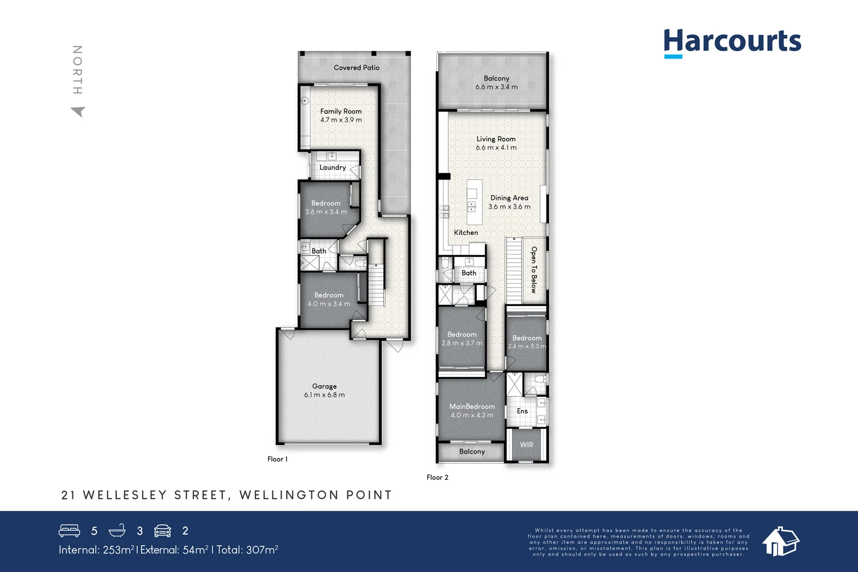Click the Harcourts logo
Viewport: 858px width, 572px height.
pos(732,42)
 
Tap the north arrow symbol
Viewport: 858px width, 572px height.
pos(78,112)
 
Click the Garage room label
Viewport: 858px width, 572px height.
pos(324,386)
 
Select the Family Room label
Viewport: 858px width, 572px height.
pos(341,111)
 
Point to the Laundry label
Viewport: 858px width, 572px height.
pos(332,167)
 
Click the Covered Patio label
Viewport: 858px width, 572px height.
pos(357,68)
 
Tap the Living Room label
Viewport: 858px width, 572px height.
pos(496,139)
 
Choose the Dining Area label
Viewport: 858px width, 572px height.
pos(509,198)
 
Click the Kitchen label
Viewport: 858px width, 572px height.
pos(466,233)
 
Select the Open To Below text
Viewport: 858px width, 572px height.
pos(534,270)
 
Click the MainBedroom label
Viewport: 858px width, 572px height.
pos(472,406)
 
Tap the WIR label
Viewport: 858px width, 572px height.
pos(527,444)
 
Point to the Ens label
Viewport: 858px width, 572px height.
pos(522,411)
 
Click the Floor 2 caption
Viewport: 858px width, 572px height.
pos(438,477)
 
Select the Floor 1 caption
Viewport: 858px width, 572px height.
pos(278,459)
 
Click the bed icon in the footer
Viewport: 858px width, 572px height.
pos(69,531)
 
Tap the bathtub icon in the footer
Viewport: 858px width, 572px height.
pos(117,531)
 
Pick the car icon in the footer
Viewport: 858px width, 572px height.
pos(162,531)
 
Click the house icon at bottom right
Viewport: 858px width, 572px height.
pos(781,541)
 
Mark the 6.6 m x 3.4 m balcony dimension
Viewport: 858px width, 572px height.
pos(497,87)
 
